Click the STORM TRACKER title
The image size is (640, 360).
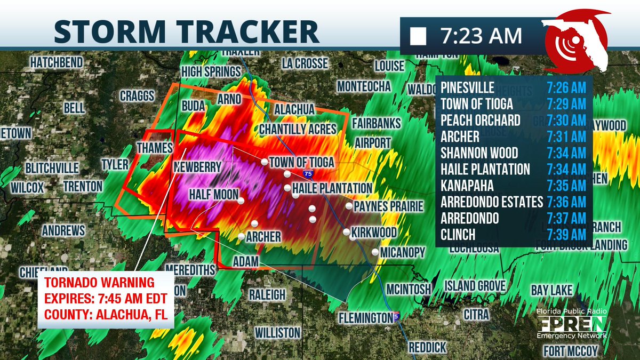(x=186, y=31)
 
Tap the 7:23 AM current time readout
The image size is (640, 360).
(x=481, y=36)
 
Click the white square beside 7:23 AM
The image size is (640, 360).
(x=418, y=37)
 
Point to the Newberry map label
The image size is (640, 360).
(x=197, y=167)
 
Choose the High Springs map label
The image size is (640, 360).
(x=211, y=71)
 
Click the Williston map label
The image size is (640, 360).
(x=277, y=332)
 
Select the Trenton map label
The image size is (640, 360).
(x=83, y=186)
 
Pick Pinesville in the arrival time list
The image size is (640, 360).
(x=468, y=87)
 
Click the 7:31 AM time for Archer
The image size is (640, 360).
(x=566, y=137)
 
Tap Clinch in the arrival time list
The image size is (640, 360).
(x=458, y=235)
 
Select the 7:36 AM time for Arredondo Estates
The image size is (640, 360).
(x=566, y=202)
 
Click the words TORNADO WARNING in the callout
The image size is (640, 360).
(x=99, y=282)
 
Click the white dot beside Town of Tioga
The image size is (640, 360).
(x=264, y=162)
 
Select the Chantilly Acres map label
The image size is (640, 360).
(x=298, y=129)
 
